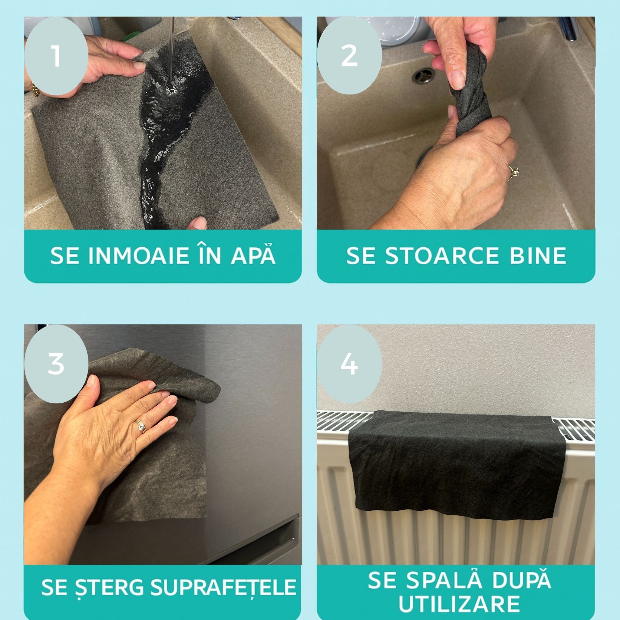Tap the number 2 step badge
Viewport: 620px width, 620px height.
tap(349, 55)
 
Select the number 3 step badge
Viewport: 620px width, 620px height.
tap(56, 364)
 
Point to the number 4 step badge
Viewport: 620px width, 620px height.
tap(349, 364)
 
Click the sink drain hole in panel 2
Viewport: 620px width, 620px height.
tap(423, 75)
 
